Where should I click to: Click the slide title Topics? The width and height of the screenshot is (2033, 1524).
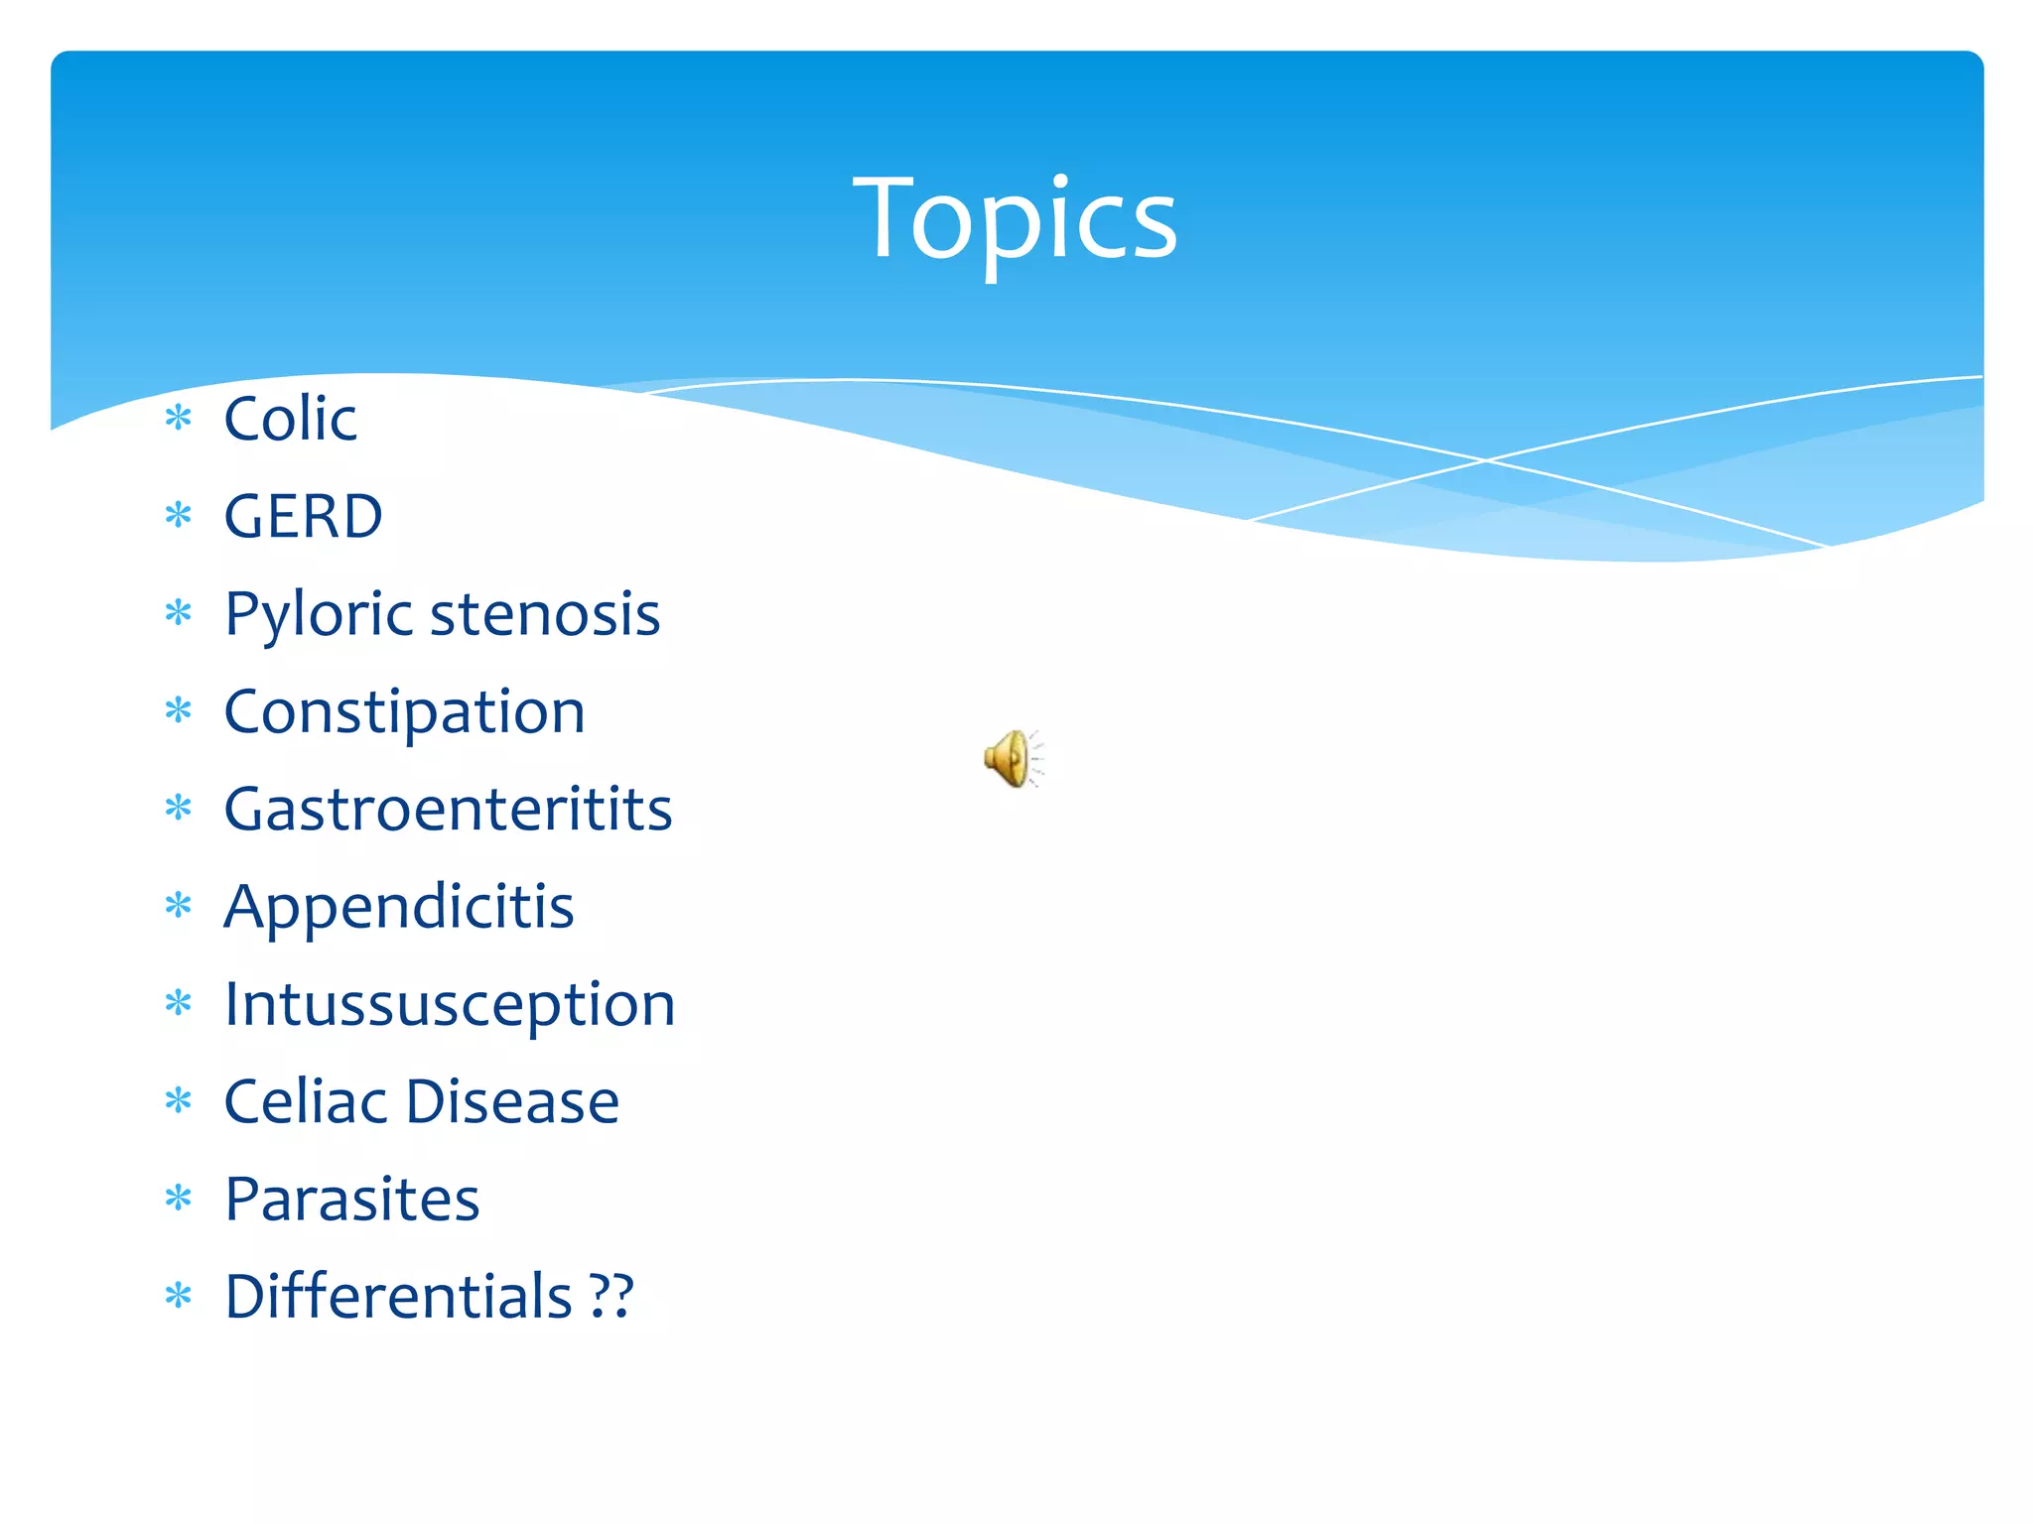coord(1015,218)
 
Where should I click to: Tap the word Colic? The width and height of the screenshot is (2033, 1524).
coord(290,419)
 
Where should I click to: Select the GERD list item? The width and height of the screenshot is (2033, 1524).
coord(303,516)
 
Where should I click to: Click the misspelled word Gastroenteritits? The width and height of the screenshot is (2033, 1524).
coord(448,809)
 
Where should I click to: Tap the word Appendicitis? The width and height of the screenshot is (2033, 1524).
coord(398,907)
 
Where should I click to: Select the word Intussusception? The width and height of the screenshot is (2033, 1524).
coord(449,1004)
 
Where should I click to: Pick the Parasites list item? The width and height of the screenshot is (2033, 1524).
coord(351,1199)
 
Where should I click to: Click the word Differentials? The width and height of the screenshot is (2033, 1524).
coord(398,1296)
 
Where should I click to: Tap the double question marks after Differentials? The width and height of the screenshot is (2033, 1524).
coord(610,1296)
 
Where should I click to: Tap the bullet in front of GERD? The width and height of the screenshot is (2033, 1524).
coord(179,515)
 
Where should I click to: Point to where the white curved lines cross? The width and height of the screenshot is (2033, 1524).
coord(1486,460)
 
